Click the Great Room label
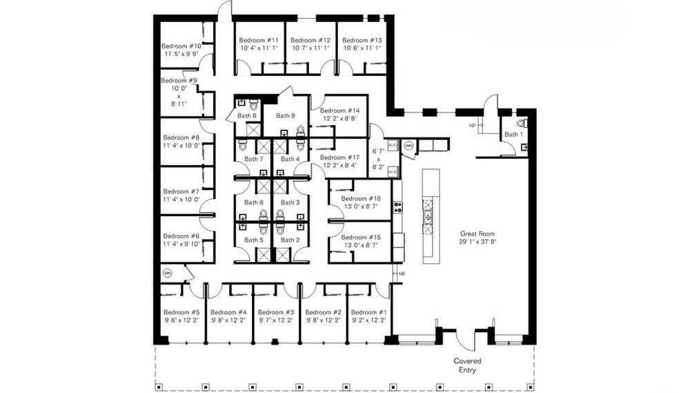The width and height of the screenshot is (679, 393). click(477, 233)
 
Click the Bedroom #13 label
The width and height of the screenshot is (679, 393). click(362, 40)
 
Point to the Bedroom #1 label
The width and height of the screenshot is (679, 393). click(369, 312)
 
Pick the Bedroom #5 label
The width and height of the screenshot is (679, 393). click(181, 312)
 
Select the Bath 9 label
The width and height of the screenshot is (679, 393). click(285, 116)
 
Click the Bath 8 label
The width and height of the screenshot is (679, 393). click(246, 116)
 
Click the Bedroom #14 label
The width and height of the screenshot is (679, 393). click(339, 111)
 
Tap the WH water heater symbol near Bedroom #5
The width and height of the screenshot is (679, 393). click(167, 274)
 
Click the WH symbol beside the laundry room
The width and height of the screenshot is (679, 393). click(409, 146)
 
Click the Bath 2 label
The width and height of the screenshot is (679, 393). click(289, 240)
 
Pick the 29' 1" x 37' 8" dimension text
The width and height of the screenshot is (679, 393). click(477, 242)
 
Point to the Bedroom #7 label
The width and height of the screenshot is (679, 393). click(181, 191)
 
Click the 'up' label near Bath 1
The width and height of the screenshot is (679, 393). click(472, 125)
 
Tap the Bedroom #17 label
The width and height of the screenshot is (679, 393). click(339, 157)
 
